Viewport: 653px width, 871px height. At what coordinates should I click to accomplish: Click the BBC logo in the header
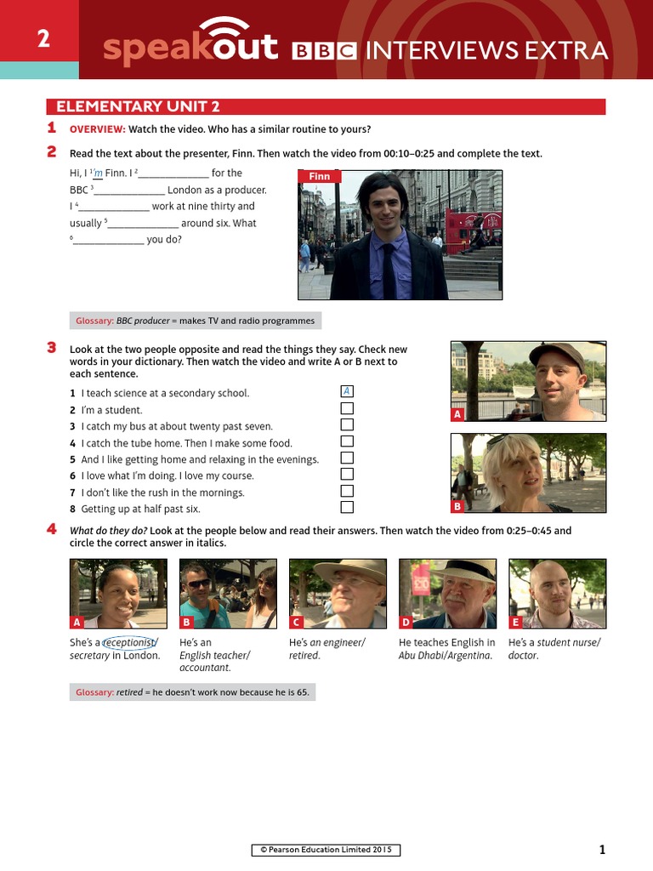pos(324,52)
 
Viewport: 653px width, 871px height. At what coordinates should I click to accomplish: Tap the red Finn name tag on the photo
pos(319,177)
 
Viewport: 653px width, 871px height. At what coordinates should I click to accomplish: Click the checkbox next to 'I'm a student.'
pos(346,409)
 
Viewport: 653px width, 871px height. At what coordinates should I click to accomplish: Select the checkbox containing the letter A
pos(346,391)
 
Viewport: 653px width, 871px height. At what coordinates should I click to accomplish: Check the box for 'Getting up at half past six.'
pos(346,508)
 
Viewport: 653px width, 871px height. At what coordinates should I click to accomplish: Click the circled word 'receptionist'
pos(129,643)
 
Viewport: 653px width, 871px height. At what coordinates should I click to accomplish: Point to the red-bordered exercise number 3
pos(51,348)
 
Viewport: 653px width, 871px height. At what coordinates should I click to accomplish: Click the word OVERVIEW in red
pos(97,129)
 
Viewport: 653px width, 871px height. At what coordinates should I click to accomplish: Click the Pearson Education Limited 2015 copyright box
pos(326,850)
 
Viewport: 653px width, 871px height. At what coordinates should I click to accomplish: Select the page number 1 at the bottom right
pos(602,849)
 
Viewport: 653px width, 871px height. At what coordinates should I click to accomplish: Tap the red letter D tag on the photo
pos(406,622)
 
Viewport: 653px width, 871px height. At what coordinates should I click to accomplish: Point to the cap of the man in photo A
pos(557,353)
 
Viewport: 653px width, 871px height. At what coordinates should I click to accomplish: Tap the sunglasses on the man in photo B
pos(198,584)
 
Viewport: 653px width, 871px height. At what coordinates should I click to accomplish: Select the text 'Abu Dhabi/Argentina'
pos(445,656)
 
